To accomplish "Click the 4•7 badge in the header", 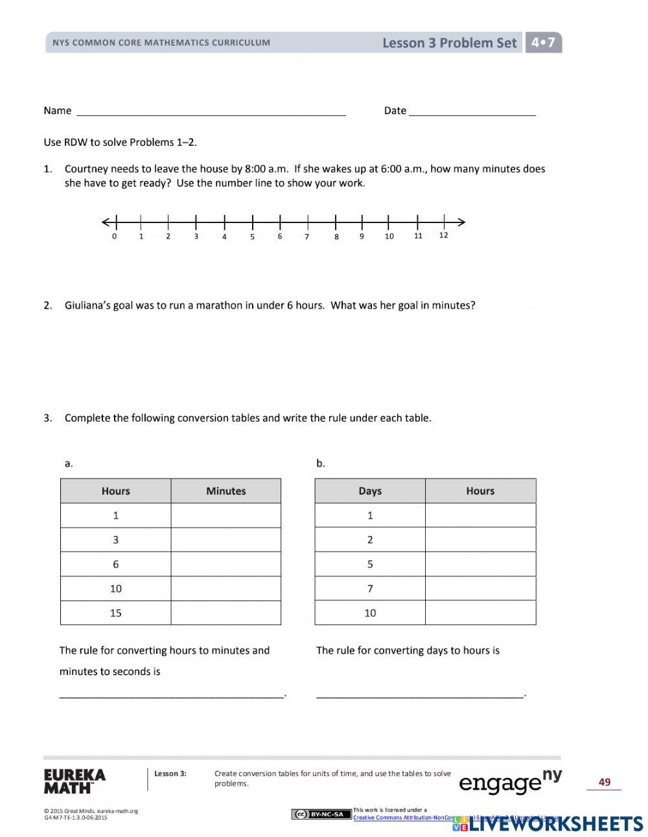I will pyautogui.click(x=543, y=43).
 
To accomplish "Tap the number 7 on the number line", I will pyautogui.click(x=307, y=237).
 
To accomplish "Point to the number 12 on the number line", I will pyautogui.click(x=443, y=235).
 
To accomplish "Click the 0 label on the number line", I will pyautogui.click(x=115, y=237).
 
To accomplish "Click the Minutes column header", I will pyautogui.click(x=226, y=491).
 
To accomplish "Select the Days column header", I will pyautogui.click(x=370, y=491).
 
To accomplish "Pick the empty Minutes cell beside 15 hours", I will pyautogui.click(x=226, y=613).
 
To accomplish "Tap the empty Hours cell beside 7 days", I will pyautogui.click(x=480, y=589).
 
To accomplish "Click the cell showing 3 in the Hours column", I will pyautogui.click(x=116, y=539).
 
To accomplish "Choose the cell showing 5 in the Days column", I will pyautogui.click(x=370, y=564).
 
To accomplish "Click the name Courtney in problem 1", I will pyautogui.click(x=86, y=169).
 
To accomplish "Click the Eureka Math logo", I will pyautogui.click(x=75, y=781).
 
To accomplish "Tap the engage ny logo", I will pyautogui.click(x=510, y=782).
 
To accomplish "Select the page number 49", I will pyautogui.click(x=604, y=782).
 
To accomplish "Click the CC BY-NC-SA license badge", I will pyautogui.click(x=321, y=814).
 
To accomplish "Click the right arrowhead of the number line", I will pyautogui.click(x=461, y=222).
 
